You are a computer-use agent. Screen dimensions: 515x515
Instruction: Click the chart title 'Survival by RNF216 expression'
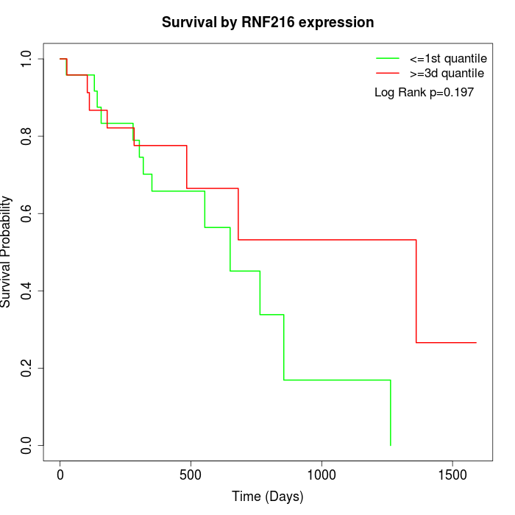(268, 22)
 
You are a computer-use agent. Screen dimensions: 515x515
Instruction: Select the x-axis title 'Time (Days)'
(268, 497)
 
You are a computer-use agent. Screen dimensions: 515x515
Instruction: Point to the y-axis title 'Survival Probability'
(7, 252)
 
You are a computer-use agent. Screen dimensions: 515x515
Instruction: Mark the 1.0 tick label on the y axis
(26, 59)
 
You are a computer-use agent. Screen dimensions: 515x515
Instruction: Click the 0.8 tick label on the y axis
(26, 136)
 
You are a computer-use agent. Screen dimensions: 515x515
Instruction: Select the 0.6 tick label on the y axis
(26, 213)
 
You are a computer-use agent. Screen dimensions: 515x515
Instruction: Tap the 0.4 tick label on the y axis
(26, 291)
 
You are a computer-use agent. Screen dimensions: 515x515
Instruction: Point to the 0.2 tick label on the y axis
(26, 368)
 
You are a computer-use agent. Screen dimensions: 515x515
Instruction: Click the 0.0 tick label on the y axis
(26, 445)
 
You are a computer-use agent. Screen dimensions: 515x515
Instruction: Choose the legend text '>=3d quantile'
(447, 73)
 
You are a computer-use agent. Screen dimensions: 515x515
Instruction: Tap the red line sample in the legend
(388, 73)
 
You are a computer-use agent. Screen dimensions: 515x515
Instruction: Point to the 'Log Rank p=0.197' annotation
(424, 93)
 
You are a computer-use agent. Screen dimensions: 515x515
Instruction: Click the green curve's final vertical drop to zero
(390, 412)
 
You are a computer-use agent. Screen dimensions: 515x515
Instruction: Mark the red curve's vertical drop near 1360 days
(416, 291)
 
